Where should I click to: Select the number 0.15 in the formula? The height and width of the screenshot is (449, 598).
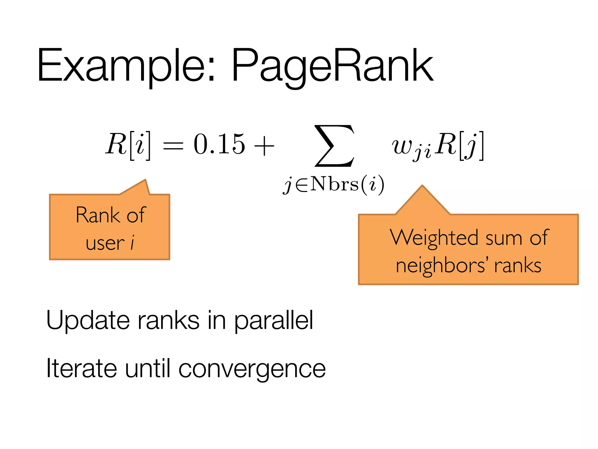tap(219, 144)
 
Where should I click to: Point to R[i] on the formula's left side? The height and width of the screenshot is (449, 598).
tap(128, 145)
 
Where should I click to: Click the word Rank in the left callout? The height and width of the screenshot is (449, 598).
tap(98, 215)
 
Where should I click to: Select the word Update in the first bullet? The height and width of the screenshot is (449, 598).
tap(88, 320)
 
